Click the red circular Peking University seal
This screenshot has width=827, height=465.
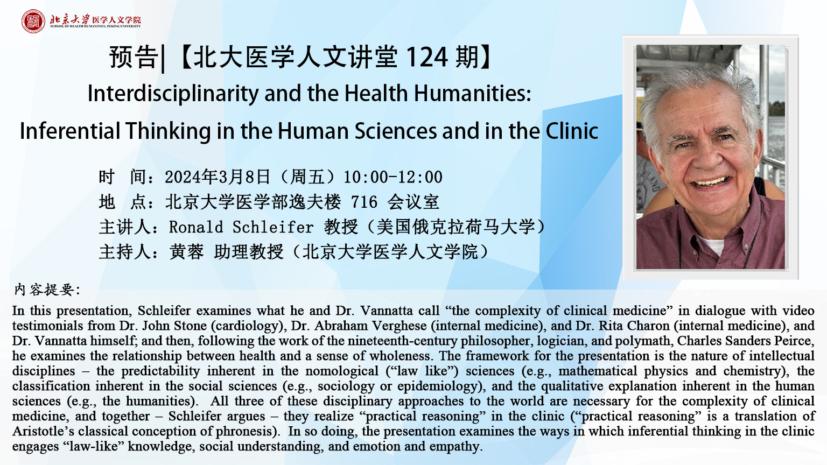pyautogui.click(x=33, y=21)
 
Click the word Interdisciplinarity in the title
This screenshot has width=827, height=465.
pyautogui.click(x=173, y=94)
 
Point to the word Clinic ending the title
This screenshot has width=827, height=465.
pyautogui.click(x=572, y=131)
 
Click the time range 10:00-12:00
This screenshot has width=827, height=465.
pyautogui.click(x=393, y=177)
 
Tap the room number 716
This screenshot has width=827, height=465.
pyautogui.click(x=365, y=202)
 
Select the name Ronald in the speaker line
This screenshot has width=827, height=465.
pyautogui.click(x=196, y=227)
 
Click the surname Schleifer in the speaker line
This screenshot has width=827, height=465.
pyautogui.click(x=273, y=227)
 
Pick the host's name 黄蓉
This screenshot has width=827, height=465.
pyautogui.click(x=186, y=252)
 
